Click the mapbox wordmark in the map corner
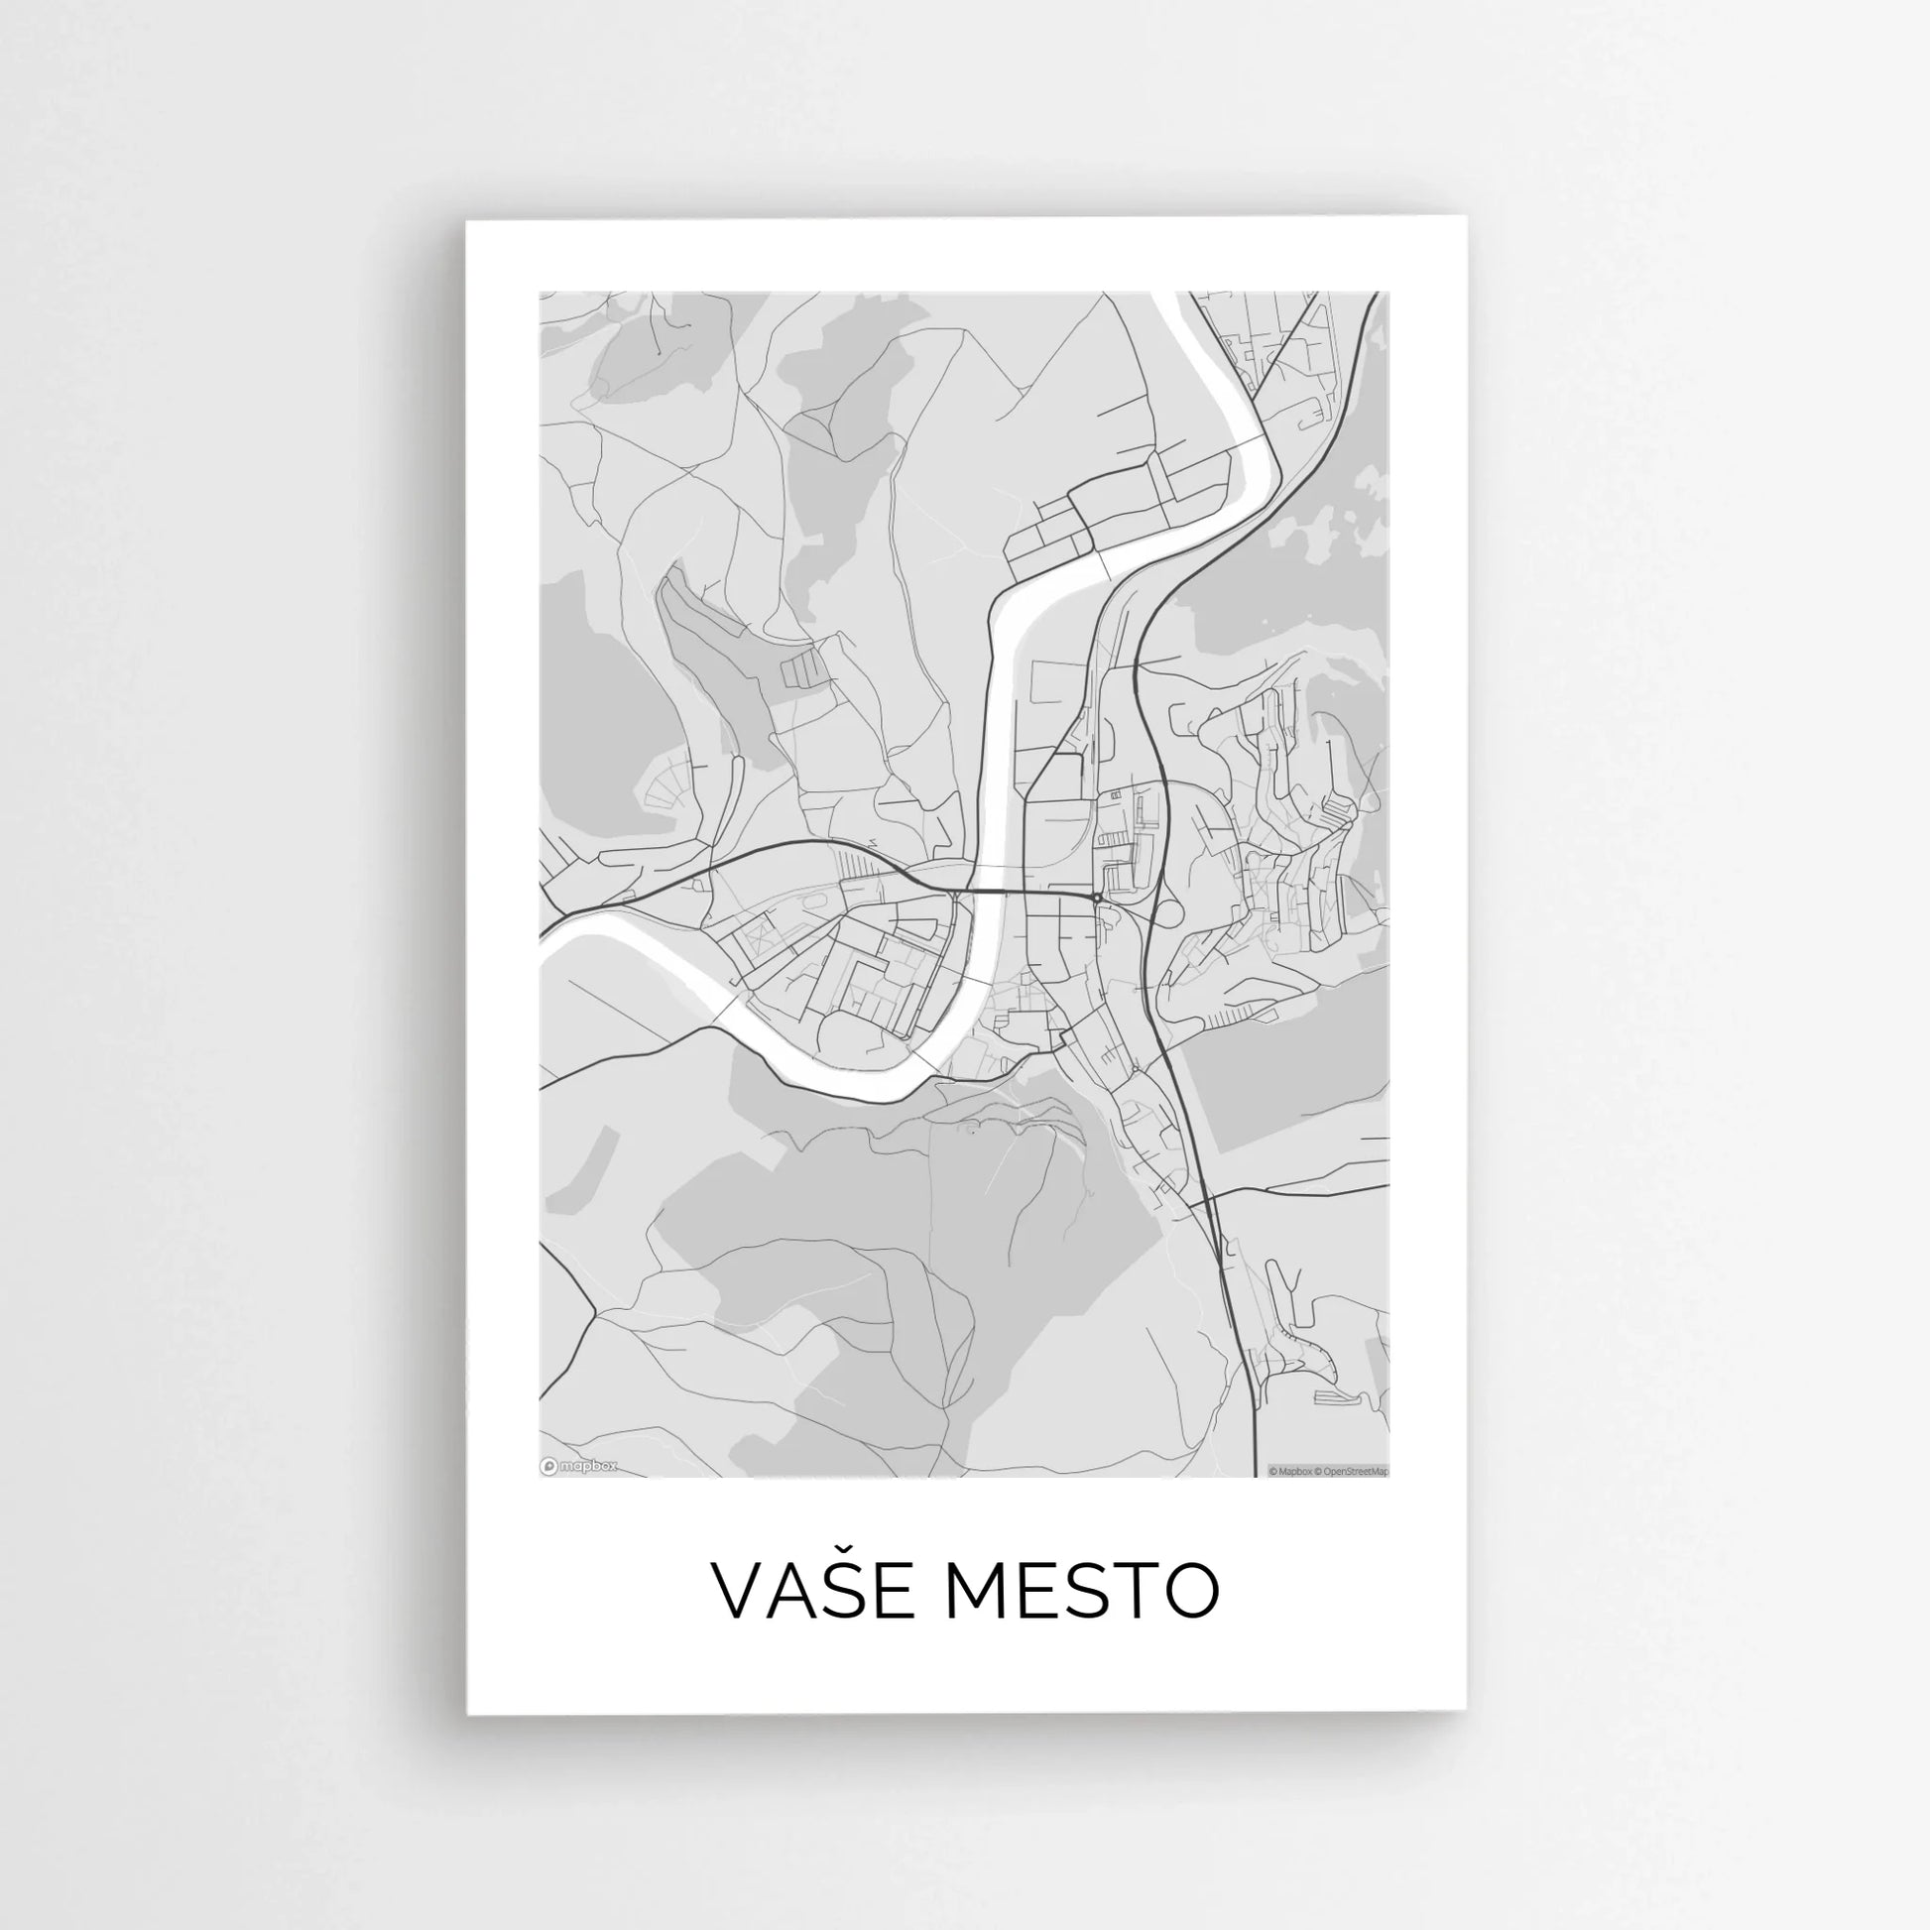click(588, 1467)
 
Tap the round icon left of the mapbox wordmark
click(548, 1467)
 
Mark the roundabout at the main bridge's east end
click(1097, 899)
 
